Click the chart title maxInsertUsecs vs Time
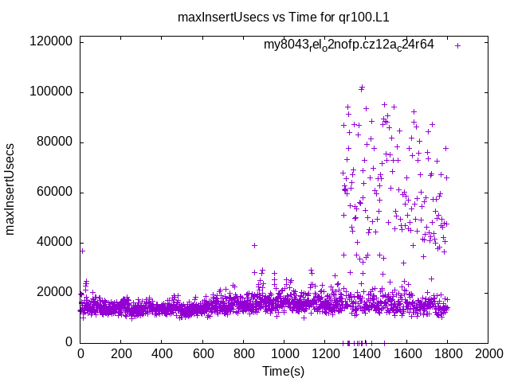pyautogui.click(x=288, y=16)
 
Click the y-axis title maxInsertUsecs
pyautogui.click(x=10, y=189)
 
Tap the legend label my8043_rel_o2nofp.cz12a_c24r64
pyautogui.click(x=349, y=45)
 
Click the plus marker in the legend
pyautogui.click(x=458, y=45)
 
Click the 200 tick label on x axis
pyautogui.click(x=121, y=353)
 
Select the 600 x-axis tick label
pyautogui.click(x=203, y=353)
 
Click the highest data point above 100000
pyautogui.click(x=362, y=88)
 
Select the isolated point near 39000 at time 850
pyautogui.click(x=254, y=245)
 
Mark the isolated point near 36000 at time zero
pyautogui.click(x=82, y=251)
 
